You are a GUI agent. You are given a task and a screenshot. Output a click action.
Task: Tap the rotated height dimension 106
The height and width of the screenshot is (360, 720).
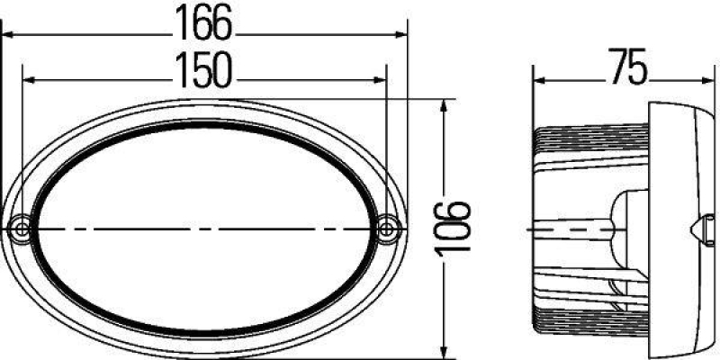(x=457, y=229)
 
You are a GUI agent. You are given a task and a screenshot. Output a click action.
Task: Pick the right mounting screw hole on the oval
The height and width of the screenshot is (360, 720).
(x=388, y=229)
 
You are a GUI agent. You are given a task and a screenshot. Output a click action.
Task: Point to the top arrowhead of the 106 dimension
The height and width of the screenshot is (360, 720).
(x=443, y=107)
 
